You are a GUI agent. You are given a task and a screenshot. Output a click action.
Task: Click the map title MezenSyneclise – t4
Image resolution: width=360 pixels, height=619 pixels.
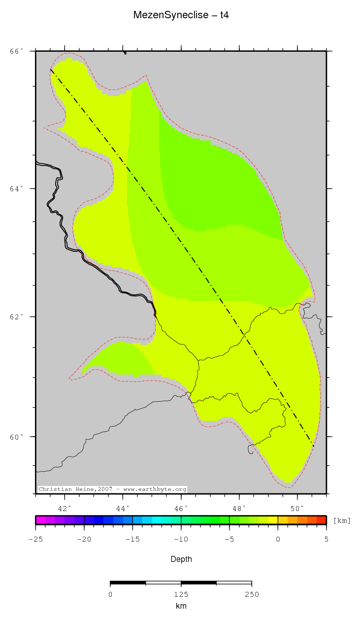181,15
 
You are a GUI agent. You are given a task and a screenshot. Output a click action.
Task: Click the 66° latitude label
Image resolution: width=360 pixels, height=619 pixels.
17,51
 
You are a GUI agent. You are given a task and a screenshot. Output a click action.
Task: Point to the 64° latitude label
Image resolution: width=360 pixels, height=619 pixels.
17,189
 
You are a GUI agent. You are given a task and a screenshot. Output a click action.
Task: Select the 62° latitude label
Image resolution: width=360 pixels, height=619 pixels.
17,316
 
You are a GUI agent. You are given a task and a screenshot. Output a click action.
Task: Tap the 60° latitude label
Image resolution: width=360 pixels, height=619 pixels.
17,437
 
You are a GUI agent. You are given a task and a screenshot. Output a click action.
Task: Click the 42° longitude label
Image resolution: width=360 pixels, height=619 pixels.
65,508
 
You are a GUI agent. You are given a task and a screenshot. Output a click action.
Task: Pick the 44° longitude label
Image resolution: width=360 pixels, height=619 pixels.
123,508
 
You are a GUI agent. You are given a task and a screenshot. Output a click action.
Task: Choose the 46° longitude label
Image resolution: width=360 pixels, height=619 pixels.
181,508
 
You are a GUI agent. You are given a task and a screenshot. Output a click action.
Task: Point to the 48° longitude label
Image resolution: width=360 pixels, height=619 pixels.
239,508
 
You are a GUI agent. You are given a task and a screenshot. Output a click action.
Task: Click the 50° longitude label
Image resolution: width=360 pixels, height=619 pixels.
297,508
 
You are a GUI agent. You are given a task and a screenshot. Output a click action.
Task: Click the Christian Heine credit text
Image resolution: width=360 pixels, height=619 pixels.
112,489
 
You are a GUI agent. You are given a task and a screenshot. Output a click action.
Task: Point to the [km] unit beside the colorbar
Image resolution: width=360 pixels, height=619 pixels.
342,520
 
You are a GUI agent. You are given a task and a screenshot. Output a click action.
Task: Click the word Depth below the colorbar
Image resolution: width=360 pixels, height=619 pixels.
181,559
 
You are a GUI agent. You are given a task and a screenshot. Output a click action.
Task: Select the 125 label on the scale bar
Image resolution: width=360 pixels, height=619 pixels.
181,594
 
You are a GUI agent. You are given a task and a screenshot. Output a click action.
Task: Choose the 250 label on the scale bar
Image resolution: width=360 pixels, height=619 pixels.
252,594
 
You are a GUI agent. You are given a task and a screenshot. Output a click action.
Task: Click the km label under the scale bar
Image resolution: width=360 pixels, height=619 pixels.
181,606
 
